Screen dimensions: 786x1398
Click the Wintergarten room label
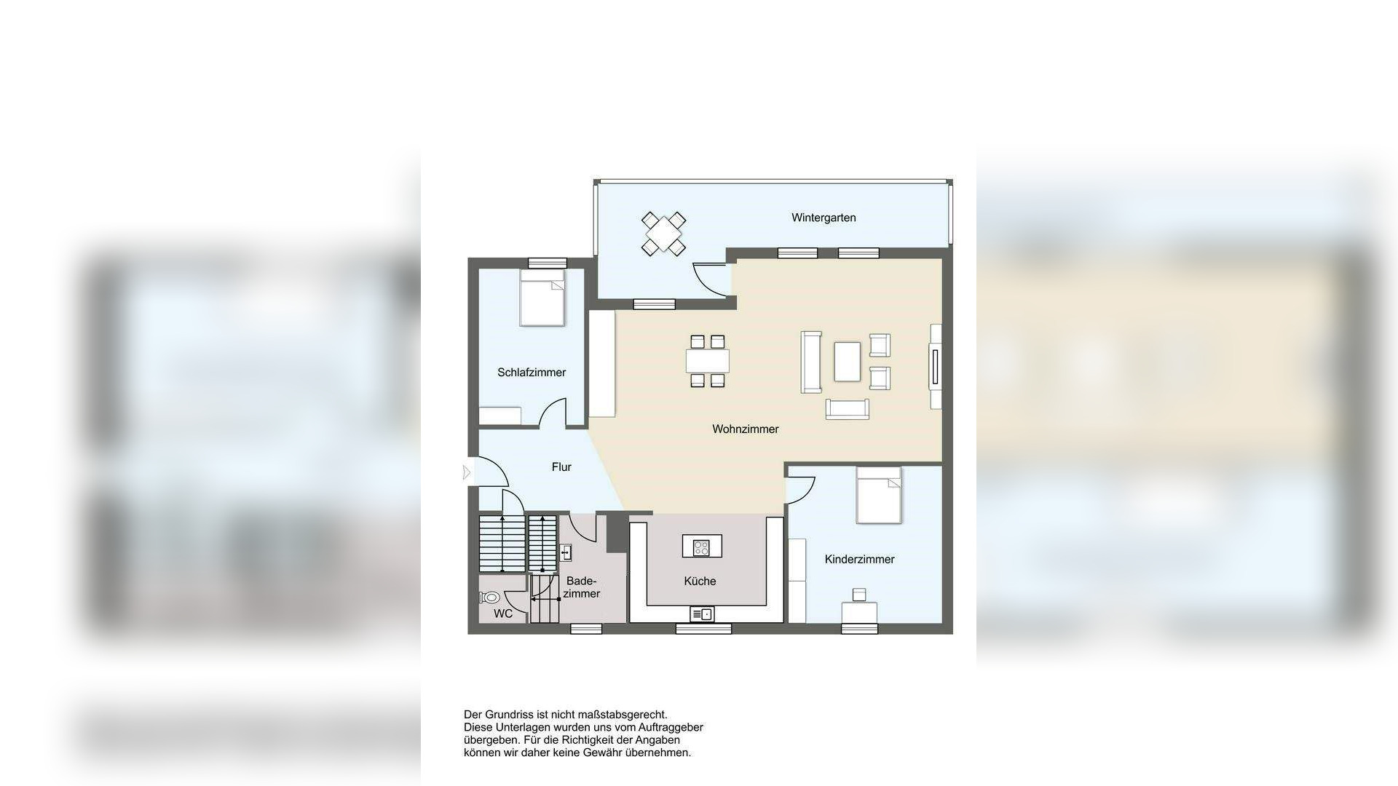(824, 218)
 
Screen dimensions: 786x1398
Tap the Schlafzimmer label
(532, 373)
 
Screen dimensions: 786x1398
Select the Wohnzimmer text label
(745, 429)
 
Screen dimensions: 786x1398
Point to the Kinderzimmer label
(859, 560)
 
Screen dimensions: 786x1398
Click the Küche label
(700, 581)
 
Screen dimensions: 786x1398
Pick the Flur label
(561, 467)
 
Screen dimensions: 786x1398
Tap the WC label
(503, 614)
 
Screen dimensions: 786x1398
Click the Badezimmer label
(581, 587)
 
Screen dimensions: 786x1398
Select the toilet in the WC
(489, 598)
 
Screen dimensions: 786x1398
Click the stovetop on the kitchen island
(702, 547)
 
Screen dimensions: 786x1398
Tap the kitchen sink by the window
(702, 614)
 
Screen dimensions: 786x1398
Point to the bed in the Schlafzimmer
(542, 298)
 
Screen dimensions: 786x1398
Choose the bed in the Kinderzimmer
(879, 495)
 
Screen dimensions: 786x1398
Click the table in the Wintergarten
(663, 234)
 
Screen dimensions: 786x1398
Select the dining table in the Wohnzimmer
(707, 360)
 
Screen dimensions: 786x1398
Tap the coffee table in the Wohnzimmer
(847, 361)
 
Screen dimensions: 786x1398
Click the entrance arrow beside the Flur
(467, 473)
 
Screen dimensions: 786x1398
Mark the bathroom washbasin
(566, 553)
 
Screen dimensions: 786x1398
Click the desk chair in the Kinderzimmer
(859, 595)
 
